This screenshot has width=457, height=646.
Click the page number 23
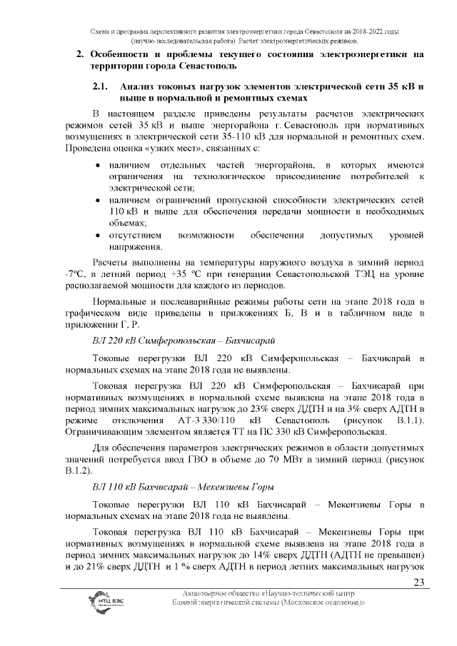coord(419,582)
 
